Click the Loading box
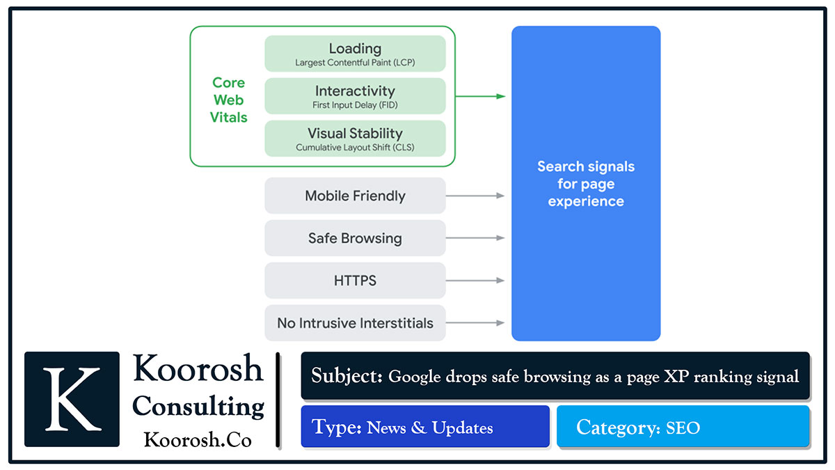pyautogui.click(x=355, y=54)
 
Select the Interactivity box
pyautogui.click(x=355, y=96)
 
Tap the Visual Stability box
pyautogui.click(x=355, y=139)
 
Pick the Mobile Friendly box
pyautogui.click(x=355, y=196)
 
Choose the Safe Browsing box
pyautogui.click(x=355, y=238)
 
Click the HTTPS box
pyautogui.click(x=355, y=281)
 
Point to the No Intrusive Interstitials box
pyautogui.click(x=355, y=323)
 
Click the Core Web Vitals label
pyautogui.click(x=228, y=100)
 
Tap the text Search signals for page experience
pyautogui.click(x=586, y=184)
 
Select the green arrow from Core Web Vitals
pyautogui.click(x=480, y=96)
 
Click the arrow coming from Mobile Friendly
pyautogui.click(x=475, y=196)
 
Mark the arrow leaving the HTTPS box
pyautogui.click(x=475, y=281)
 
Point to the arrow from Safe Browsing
pyautogui.click(x=475, y=238)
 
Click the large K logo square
pyautogui.click(x=72, y=398)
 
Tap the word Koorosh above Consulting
pyautogui.click(x=198, y=368)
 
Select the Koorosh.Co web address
pyautogui.click(x=198, y=440)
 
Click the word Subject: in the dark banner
pyautogui.click(x=347, y=376)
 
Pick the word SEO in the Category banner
pyautogui.click(x=683, y=428)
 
